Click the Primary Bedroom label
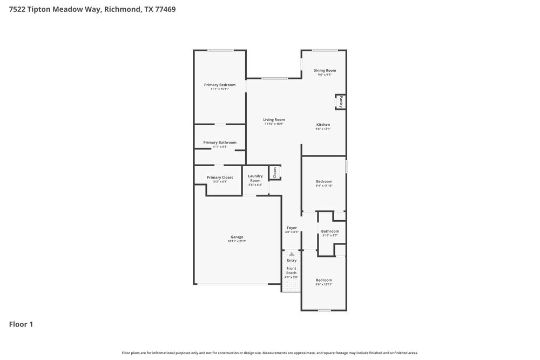pyautogui.click(x=220, y=85)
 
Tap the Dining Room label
pyautogui.click(x=325, y=70)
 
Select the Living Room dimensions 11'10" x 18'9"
pyautogui.click(x=274, y=124)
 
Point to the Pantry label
pyautogui.click(x=341, y=101)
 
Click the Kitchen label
pyautogui.click(x=323, y=125)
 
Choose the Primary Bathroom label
pyautogui.click(x=220, y=142)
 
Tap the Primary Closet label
pyautogui.click(x=220, y=177)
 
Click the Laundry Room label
pyautogui.click(x=255, y=178)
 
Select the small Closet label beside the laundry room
pyautogui.click(x=275, y=172)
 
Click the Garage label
pyautogui.click(x=237, y=237)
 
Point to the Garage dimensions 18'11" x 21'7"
pyautogui.click(x=237, y=241)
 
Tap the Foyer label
pyautogui.click(x=292, y=228)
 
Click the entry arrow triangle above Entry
pyautogui.click(x=292, y=254)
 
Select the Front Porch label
pyautogui.click(x=292, y=270)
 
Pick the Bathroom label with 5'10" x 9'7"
pyautogui.click(x=329, y=231)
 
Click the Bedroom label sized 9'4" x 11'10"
pyautogui.click(x=324, y=181)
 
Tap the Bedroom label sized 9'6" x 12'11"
pyautogui.click(x=324, y=280)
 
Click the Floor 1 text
pyautogui.click(x=21, y=324)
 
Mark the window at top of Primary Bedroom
pyautogui.click(x=220, y=51)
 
